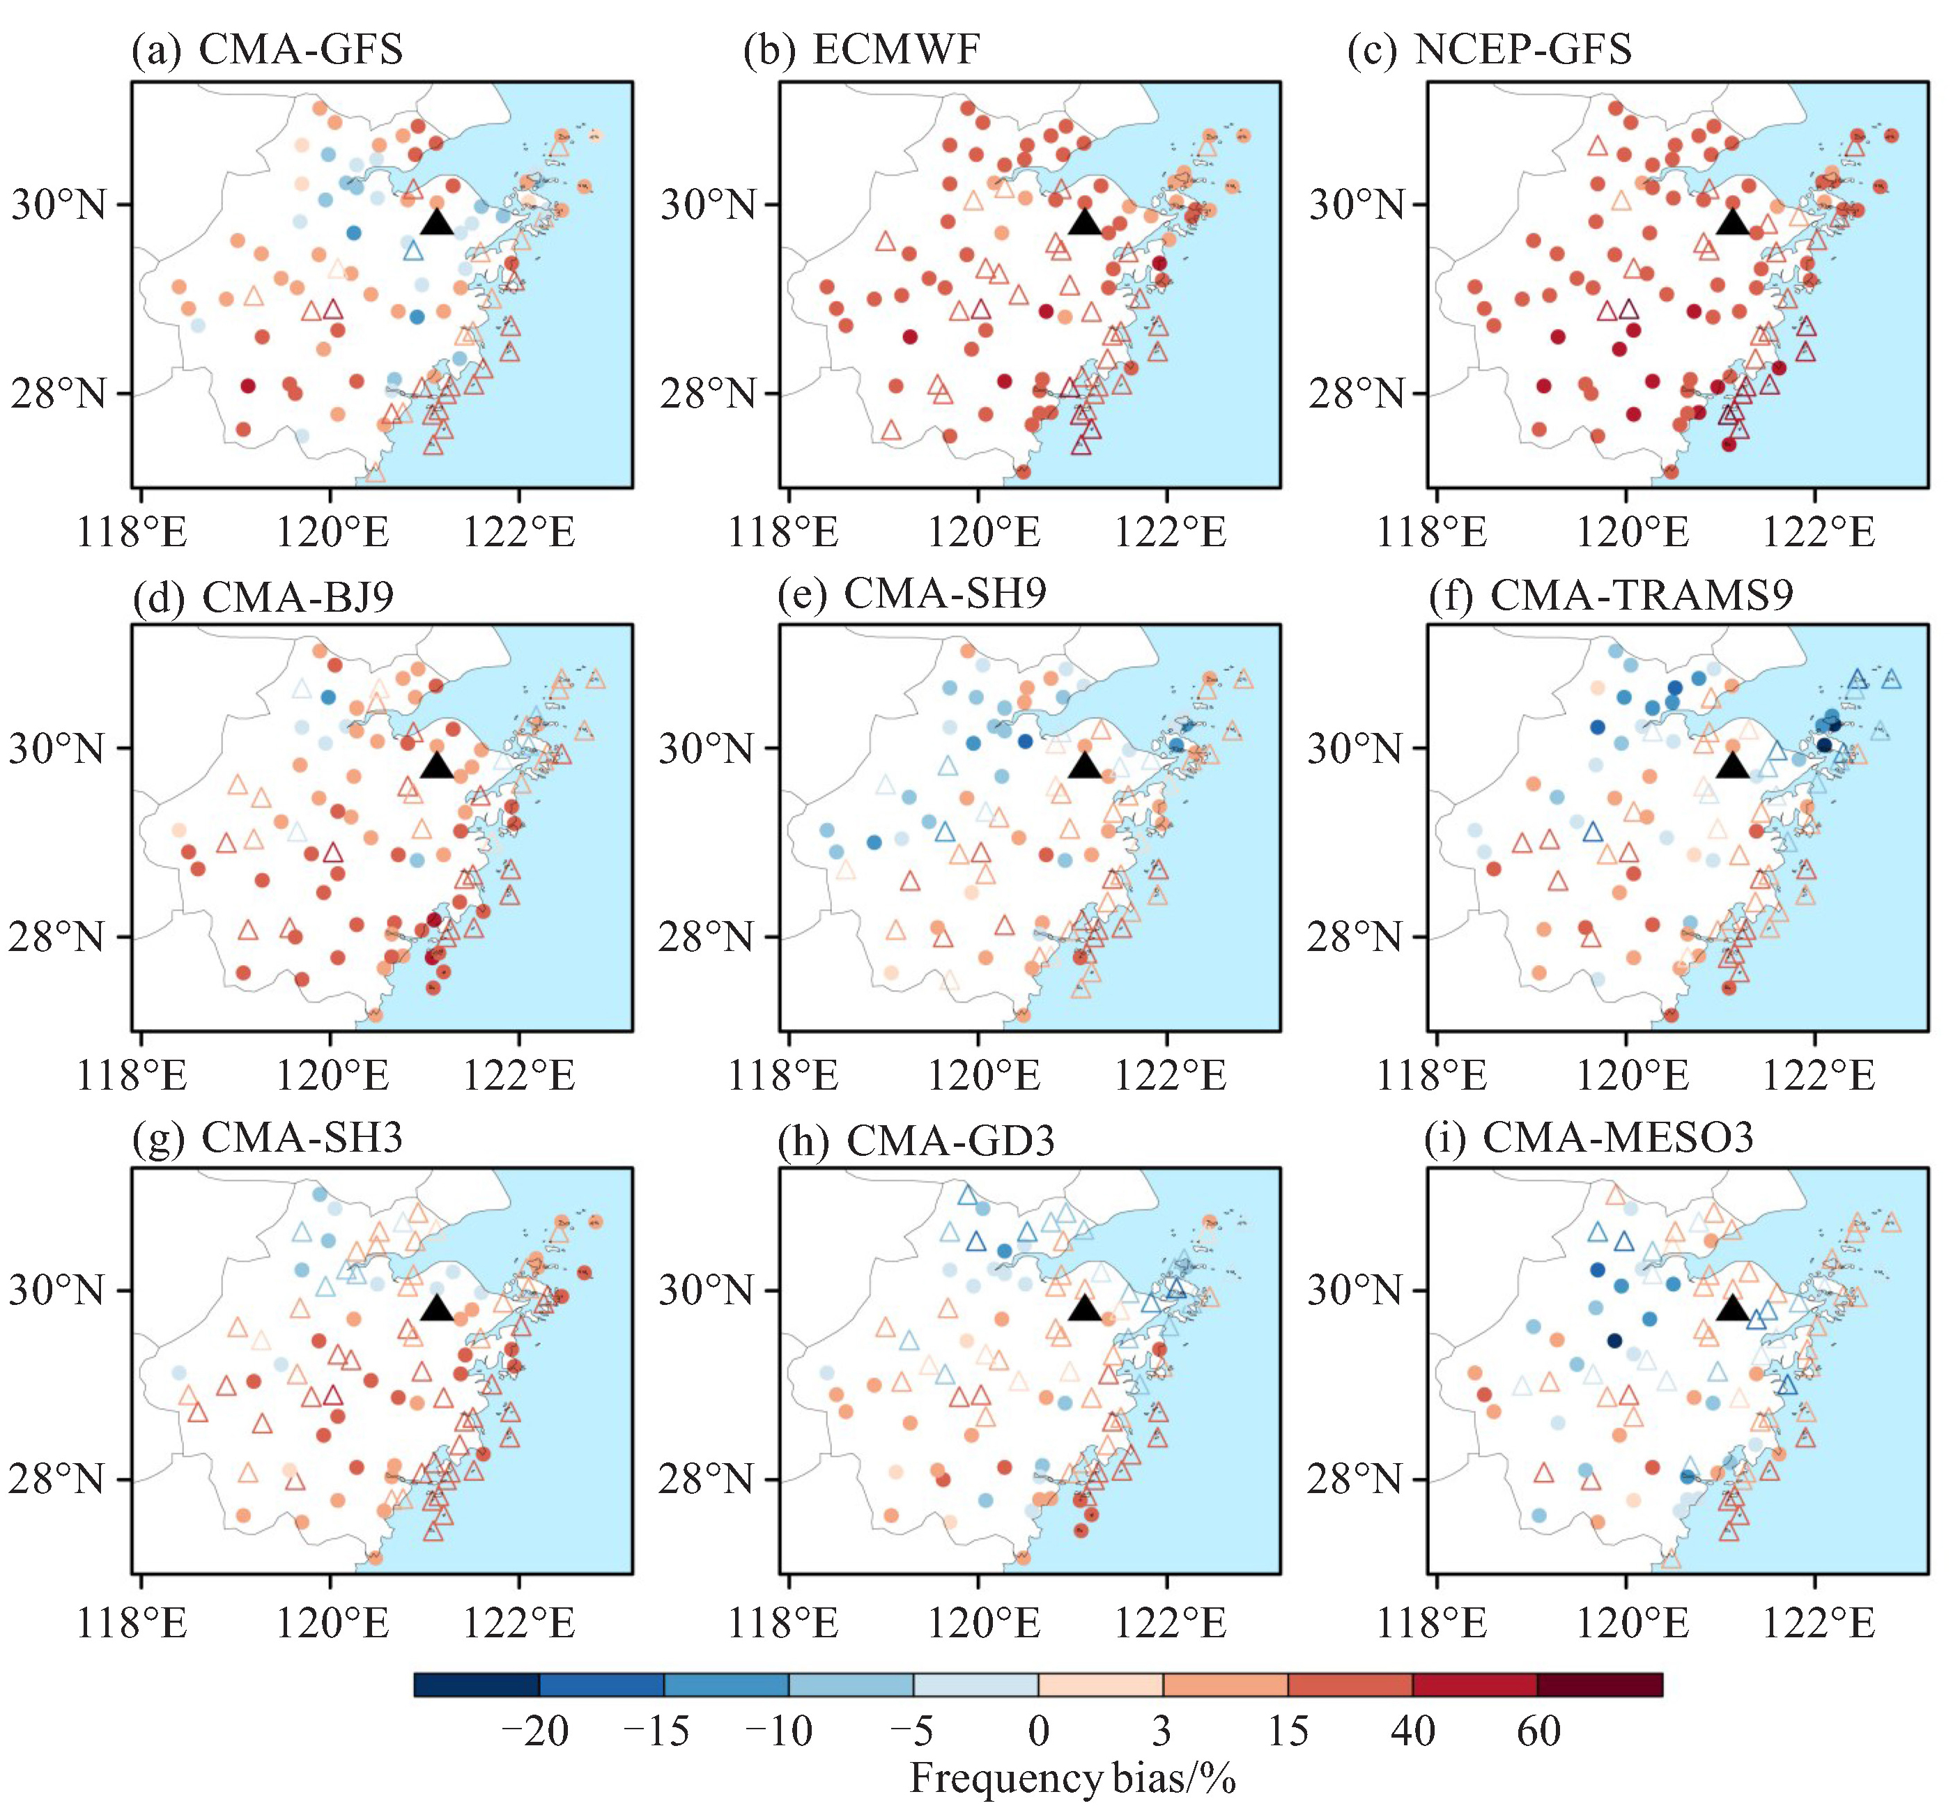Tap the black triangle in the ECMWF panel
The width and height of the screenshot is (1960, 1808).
pyautogui.click(x=1084, y=222)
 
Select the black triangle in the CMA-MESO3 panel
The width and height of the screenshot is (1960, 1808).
pyautogui.click(x=1732, y=1309)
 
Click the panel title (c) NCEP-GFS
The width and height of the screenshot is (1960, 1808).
pyautogui.click(x=1489, y=49)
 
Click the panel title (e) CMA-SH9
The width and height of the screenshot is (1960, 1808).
pyautogui.click(x=912, y=593)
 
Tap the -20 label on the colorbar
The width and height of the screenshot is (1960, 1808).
pyautogui.click(x=534, y=1731)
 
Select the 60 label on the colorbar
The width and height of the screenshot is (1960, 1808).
pyautogui.click(x=1538, y=1731)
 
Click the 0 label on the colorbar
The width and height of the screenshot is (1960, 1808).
pyautogui.click(x=1038, y=1731)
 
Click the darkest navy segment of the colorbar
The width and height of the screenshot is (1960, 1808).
pyautogui.click(x=477, y=1685)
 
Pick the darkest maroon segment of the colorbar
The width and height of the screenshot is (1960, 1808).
pyautogui.click(x=1600, y=1685)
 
